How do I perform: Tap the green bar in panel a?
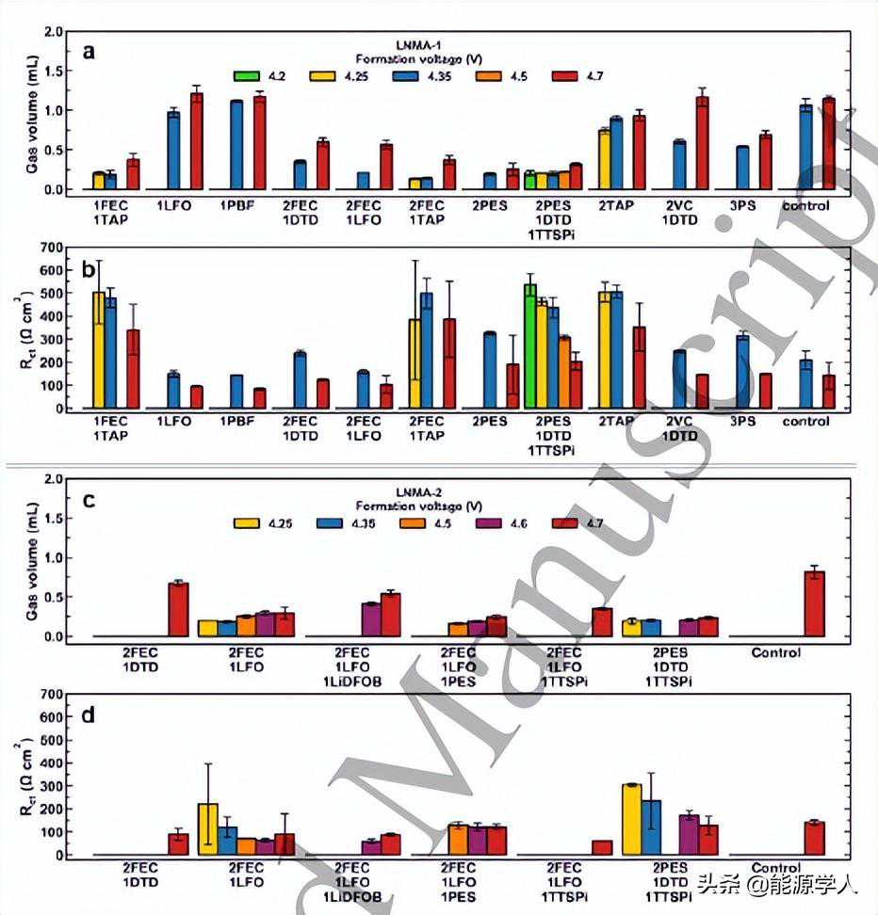pyautogui.click(x=529, y=181)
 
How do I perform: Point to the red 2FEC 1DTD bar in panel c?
pyautogui.click(x=178, y=609)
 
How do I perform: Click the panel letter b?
pyautogui.click(x=89, y=270)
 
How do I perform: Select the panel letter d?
pyautogui.click(x=89, y=715)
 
